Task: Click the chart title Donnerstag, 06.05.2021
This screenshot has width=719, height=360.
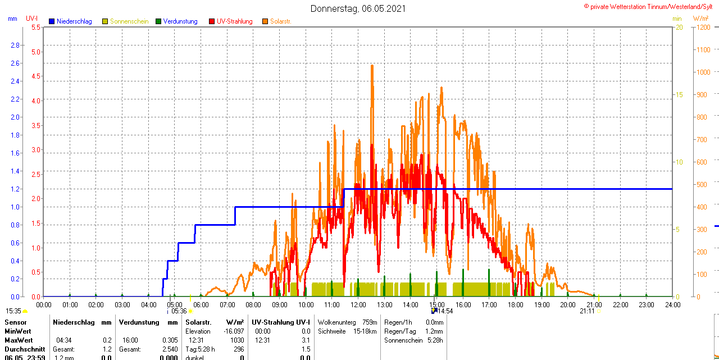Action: pyautogui.click(x=358, y=8)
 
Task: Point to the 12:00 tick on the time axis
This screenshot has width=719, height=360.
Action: pyautogui.click(x=358, y=305)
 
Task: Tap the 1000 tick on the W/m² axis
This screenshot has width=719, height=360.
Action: pyautogui.click(x=702, y=72)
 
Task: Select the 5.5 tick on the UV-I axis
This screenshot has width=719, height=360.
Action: pyautogui.click(x=35, y=28)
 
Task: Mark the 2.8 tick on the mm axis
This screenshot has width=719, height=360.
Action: pyautogui.click(x=15, y=45)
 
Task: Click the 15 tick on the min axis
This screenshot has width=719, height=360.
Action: pyautogui.click(x=679, y=95)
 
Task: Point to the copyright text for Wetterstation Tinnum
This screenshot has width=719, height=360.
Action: pyautogui.click(x=651, y=7)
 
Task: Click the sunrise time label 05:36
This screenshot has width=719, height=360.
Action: pyautogui.click(x=179, y=311)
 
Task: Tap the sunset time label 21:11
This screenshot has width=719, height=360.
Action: pyautogui.click(x=587, y=311)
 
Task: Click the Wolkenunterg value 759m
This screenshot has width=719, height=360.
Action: pyautogui.click(x=370, y=322)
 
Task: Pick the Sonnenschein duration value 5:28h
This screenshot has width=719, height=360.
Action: pyautogui.click(x=434, y=340)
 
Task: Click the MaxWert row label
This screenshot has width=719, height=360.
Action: pyautogui.click(x=19, y=340)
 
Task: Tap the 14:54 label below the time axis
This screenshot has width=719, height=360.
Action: pyautogui.click(x=445, y=311)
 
